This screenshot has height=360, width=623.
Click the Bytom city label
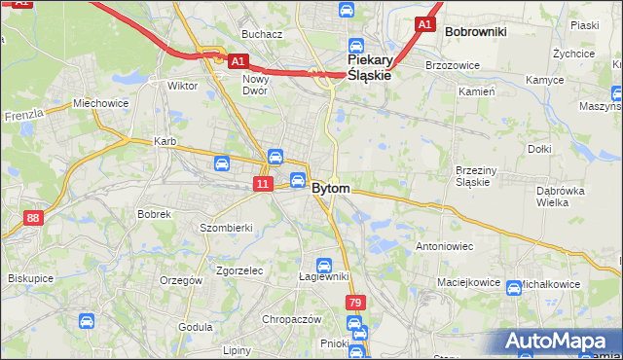click(x=331, y=189)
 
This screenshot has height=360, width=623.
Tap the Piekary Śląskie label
click(x=370, y=64)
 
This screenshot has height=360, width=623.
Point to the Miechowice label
click(x=100, y=103)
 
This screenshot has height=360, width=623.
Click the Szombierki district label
click(x=226, y=228)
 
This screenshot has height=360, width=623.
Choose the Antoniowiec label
click(x=444, y=246)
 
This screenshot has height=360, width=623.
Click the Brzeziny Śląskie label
click(x=478, y=176)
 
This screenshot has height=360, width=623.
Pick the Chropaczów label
click(x=291, y=319)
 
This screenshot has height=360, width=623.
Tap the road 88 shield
click(x=34, y=218)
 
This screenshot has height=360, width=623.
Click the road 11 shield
click(x=263, y=183)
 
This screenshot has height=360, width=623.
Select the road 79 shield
click(x=354, y=304)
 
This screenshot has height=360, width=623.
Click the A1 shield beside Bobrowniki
click(x=423, y=23)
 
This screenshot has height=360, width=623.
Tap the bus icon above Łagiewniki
click(x=324, y=265)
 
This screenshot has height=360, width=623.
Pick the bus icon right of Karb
click(x=222, y=163)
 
